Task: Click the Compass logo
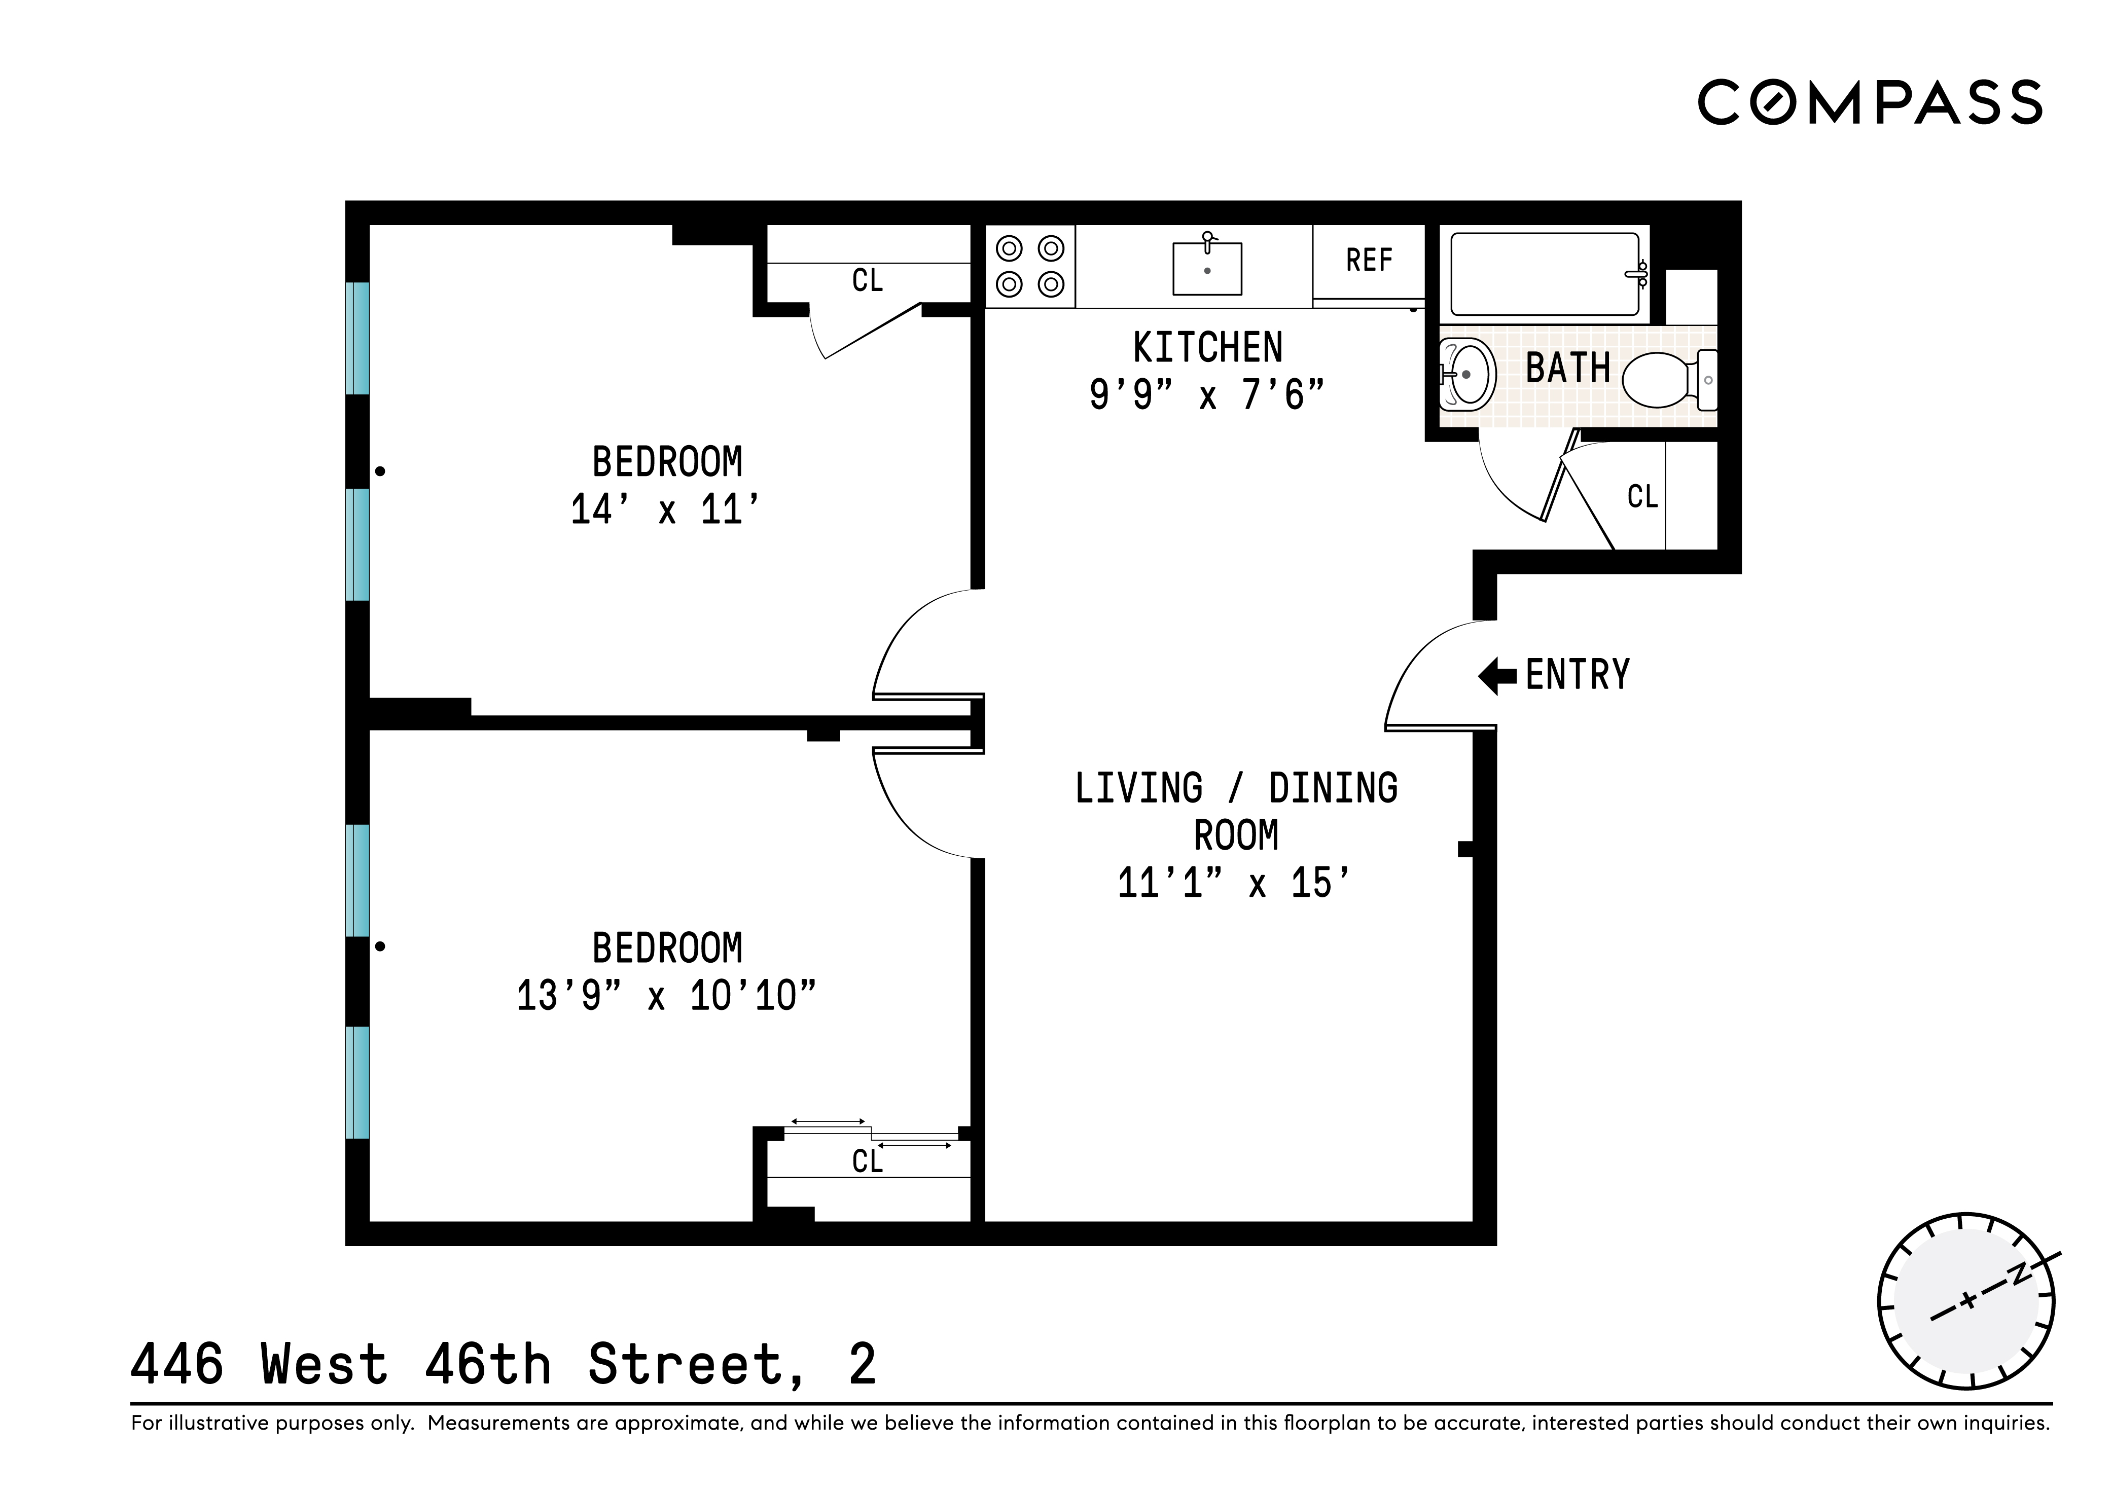point(1869,102)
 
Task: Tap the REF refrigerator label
point(1369,261)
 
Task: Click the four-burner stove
point(1030,267)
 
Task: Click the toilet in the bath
point(1667,380)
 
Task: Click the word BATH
point(1567,369)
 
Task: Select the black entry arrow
point(1496,676)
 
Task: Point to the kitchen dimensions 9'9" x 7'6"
point(1206,395)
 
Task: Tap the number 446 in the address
point(177,1364)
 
